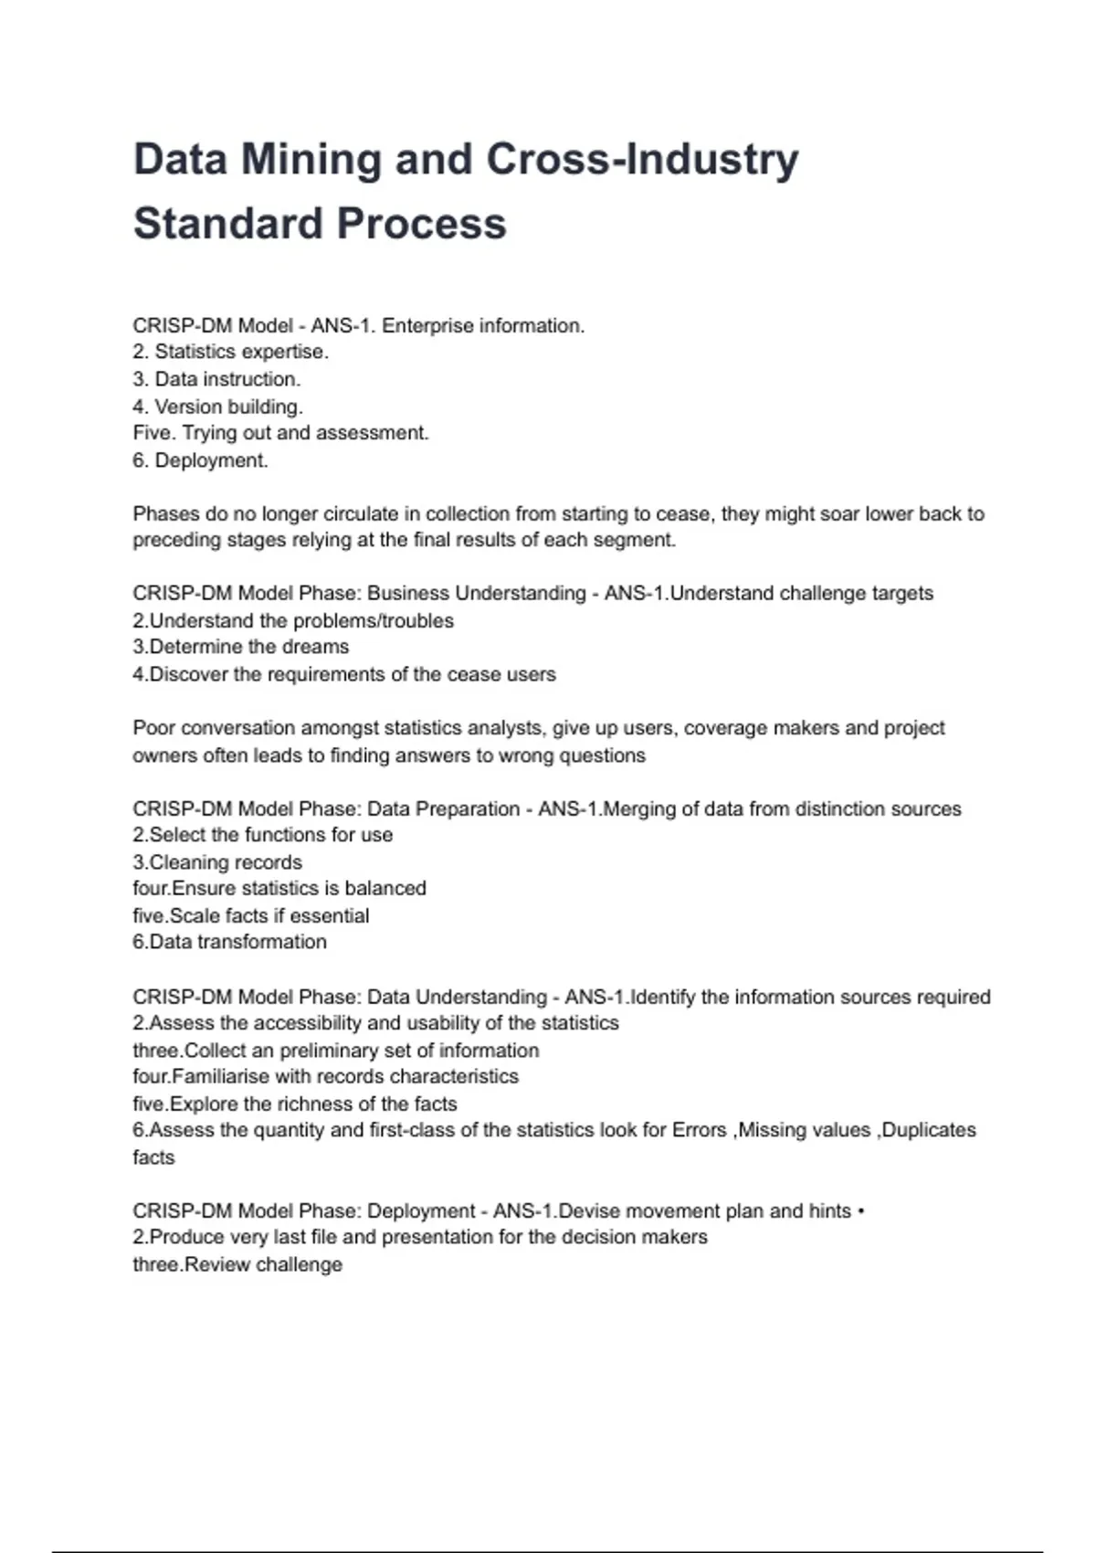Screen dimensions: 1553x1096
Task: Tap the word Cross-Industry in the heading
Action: [642, 159]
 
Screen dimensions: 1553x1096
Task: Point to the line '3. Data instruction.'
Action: [216, 379]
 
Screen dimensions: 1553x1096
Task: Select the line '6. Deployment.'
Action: [200, 460]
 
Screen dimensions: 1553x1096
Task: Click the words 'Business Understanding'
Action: [476, 594]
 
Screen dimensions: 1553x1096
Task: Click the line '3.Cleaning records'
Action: [216, 862]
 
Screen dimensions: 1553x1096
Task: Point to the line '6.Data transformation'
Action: [229, 942]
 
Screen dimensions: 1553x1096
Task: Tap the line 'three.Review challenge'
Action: [237, 1265]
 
